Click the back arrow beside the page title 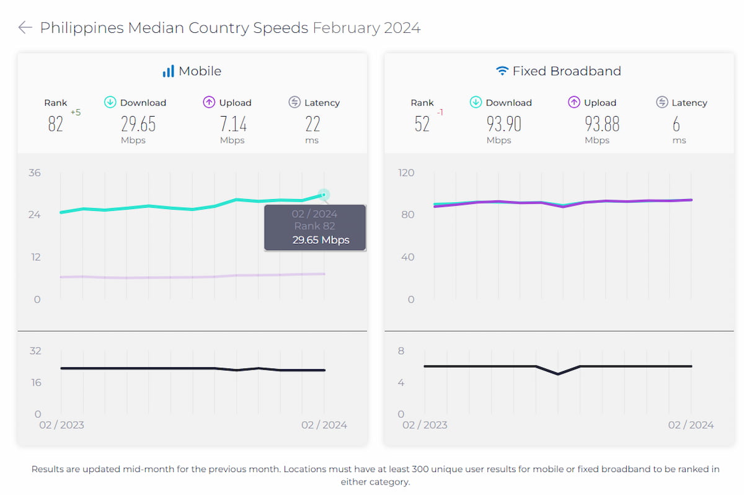(x=25, y=28)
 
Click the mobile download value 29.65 (x=138, y=124)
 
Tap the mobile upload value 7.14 (x=233, y=124)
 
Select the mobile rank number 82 (x=55, y=124)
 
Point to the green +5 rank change (x=76, y=112)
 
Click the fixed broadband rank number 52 (x=422, y=124)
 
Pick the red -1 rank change (x=440, y=112)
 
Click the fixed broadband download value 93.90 (x=503, y=124)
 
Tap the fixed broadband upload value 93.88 (x=602, y=124)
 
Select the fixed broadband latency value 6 (x=676, y=124)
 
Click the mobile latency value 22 (x=312, y=124)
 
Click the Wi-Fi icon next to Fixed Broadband (x=502, y=71)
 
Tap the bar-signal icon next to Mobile (x=168, y=71)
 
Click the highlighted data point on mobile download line (x=324, y=195)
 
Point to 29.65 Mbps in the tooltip (x=321, y=240)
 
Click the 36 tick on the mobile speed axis (x=34, y=172)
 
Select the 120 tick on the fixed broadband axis (x=406, y=172)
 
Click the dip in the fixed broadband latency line (x=558, y=374)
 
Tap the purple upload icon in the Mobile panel (x=209, y=102)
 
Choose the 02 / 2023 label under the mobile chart (x=61, y=425)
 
